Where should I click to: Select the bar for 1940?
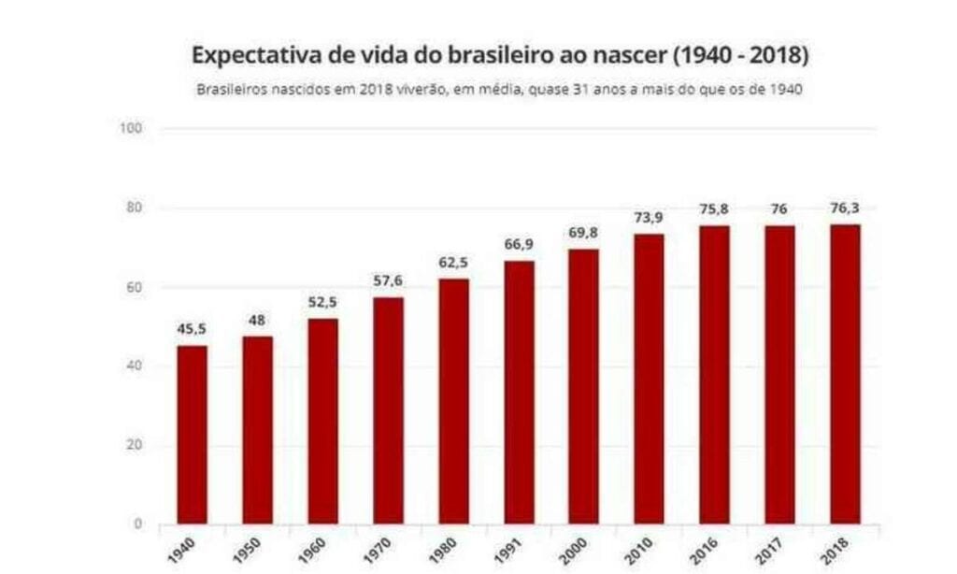coord(193,435)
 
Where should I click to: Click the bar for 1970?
coord(388,410)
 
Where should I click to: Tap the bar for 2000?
coord(583,386)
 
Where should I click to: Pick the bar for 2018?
coord(844,374)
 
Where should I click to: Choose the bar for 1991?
coord(519,392)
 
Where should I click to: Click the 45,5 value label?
coord(193,329)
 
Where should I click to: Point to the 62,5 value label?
coord(453,263)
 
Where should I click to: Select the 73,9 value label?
coord(649,217)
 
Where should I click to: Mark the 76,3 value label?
coord(844,208)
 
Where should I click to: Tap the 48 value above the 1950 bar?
coord(257,320)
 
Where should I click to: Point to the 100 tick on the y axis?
coord(132,128)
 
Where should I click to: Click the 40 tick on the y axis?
coord(136,366)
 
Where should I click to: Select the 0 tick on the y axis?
coord(138,524)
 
